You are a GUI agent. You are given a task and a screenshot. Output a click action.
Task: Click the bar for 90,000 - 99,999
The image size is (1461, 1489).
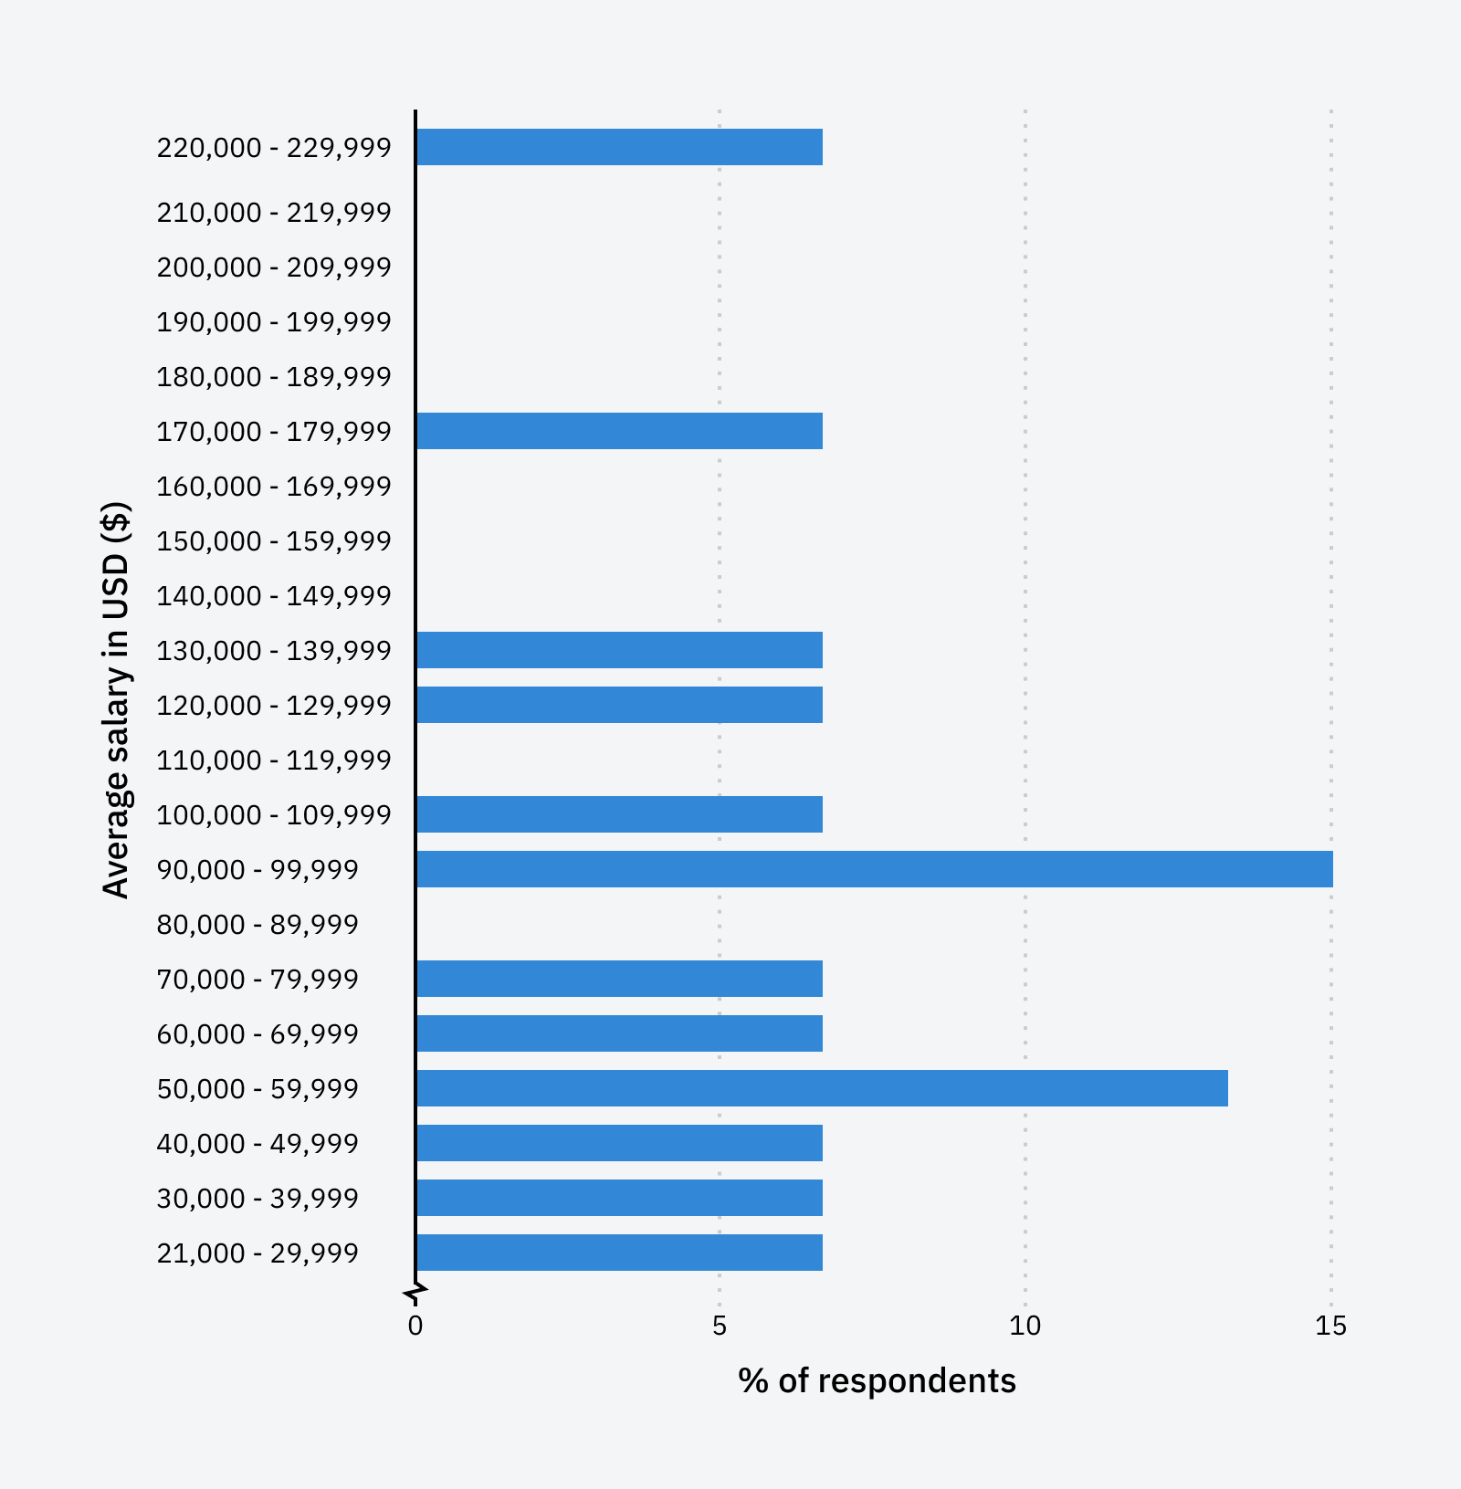(x=874, y=869)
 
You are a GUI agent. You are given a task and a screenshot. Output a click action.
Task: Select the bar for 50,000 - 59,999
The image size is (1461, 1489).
(x=822, y=1088)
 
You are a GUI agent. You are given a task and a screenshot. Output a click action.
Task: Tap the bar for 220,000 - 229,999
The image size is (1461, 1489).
(x=619, y=147)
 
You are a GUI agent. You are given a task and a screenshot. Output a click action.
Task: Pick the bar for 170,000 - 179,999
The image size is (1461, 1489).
(x=619, y=431)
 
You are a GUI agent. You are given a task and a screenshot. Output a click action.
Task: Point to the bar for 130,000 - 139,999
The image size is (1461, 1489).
(x=619, y=650)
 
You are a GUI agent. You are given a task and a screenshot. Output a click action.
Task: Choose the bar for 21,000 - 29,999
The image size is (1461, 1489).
(x=619, y=1253)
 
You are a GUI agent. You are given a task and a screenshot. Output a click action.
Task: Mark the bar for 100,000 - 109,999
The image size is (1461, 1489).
(x=619, y=814)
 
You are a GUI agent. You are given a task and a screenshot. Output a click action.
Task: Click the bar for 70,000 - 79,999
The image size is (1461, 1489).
(x=619, y=979)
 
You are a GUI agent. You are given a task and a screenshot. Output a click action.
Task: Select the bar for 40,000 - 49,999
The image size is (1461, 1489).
(x=619, y=1143)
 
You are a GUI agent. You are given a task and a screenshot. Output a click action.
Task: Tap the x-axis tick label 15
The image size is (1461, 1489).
(x=1330, y=1326)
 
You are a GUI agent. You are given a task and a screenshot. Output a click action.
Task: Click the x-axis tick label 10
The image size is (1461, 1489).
(x=1025, y=1326)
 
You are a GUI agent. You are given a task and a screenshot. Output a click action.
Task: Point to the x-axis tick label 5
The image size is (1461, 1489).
(x=720, y=1326)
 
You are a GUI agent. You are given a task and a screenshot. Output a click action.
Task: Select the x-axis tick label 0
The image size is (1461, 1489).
(x=415, y=1326)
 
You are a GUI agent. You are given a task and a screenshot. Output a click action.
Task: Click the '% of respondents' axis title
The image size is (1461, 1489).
(x=877, y=1381)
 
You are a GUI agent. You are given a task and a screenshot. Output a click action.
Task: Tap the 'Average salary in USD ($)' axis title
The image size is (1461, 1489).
(x=116, y=699)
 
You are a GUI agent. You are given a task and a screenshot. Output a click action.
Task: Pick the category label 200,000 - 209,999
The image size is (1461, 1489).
(x=274, y=267)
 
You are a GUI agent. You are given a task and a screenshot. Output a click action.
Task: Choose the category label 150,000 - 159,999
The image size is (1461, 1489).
(x=274, y=541)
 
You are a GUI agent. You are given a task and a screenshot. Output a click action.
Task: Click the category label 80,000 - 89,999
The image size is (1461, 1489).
(x=258, y=925)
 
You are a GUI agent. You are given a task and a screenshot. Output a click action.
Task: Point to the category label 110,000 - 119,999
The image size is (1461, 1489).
(x=274, y=760)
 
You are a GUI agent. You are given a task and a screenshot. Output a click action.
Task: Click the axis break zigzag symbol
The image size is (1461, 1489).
(x=415, y=1294)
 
